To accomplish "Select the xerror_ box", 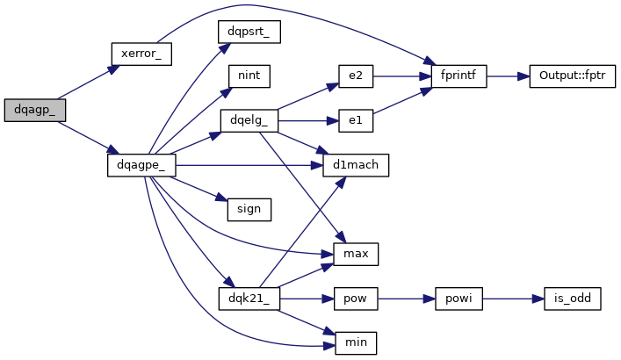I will (x=141, y=54).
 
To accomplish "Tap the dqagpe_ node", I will (x=142, y=164).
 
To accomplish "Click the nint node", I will (x=249, y=76).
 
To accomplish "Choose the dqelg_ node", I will (x=249, y=120).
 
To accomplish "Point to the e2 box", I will (x=356, y=76).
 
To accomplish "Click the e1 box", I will (x=356, y=120).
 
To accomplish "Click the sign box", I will (x=249, y=210).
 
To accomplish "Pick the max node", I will (x=356, y=254).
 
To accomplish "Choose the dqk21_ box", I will (x=249, y=299).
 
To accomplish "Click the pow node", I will (x=356, y=299).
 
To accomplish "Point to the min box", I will (x=356, y=342).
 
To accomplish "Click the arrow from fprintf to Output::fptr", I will (x=506, y=76).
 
